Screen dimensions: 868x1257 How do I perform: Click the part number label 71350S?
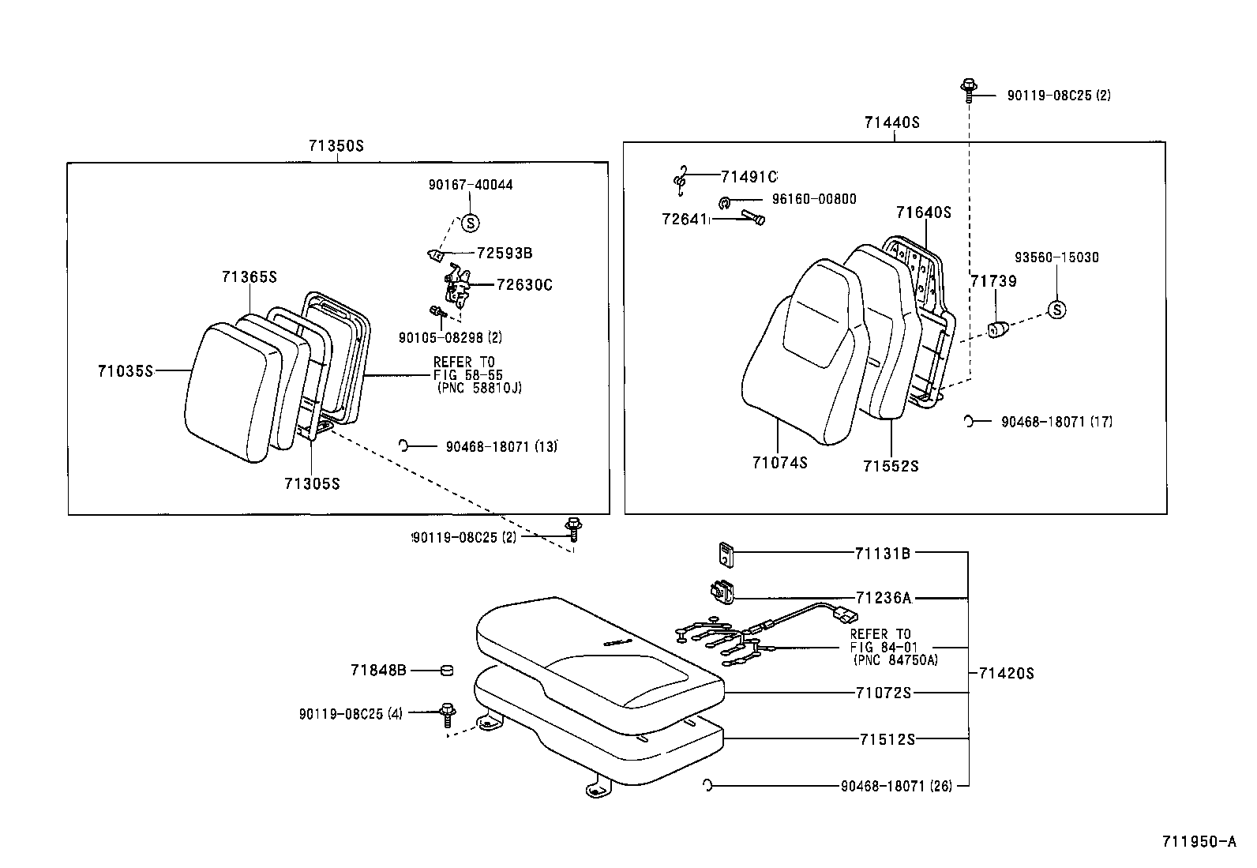(x=336, y=147)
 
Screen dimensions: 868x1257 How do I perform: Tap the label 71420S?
(x=1006, y=674)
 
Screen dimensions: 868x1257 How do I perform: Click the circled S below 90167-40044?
(x=469, y=223)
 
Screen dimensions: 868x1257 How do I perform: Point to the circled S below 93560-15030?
(x=1056, y=310)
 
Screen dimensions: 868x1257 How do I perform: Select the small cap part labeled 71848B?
(x=447, y=671)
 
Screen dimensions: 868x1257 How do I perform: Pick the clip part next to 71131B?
(x=725, y=554)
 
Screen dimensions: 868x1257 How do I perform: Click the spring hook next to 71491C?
(x=680, y=180)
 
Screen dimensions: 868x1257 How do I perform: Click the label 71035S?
(x=125, y=370)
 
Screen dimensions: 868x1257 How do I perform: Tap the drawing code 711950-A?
(x=1197, y=842)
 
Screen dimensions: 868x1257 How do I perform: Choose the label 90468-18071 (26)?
(x=896, y=786)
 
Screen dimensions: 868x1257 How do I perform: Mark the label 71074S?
(x=779, y=463)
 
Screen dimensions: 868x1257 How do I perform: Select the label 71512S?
(x=887, y=739)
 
